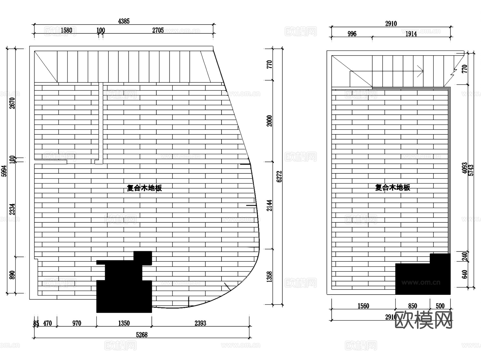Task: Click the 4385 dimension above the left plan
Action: pos(124,21)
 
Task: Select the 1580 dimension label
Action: pos(66,30)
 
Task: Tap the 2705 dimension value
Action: pos(158,30)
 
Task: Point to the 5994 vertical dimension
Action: pos(4,171)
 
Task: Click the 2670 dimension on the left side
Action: pos(12,103)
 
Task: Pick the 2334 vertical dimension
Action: pos(12,209)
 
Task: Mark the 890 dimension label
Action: pos(12,275)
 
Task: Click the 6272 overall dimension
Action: pos(279,177)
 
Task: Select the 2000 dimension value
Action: pos(270,121)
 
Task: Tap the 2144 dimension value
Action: pos(270,205)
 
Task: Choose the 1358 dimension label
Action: pos(270,277)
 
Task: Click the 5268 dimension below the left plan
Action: pos(142,335)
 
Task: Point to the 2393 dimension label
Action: pos(200,323)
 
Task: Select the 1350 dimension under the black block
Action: pos(124,323)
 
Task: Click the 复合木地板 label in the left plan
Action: pos(144,188)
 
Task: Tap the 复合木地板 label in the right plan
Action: pos(393,187)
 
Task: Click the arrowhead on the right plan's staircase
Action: pos(422,71)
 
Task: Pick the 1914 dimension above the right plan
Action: pos(411,34)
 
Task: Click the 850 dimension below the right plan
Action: pos(412,306)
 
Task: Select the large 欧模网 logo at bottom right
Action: pos(423,320)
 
